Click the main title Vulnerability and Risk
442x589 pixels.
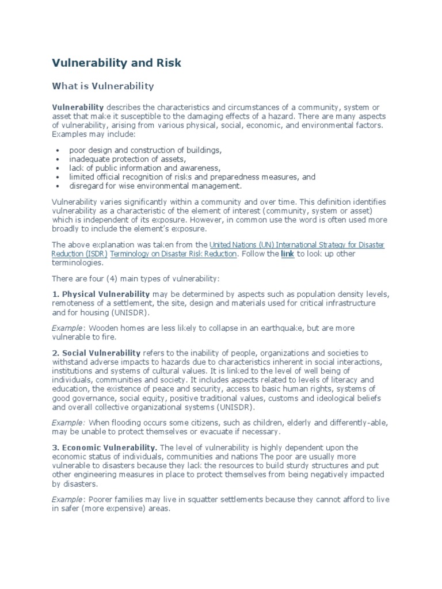coord(117,63)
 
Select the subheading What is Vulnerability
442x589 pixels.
coord(103,86)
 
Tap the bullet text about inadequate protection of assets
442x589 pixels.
coord(128,159)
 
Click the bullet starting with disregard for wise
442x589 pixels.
coord(155,186)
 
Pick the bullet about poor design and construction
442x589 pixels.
coord(145,150)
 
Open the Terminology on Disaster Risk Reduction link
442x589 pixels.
coord(173,254)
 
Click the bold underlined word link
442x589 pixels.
coord(287,254)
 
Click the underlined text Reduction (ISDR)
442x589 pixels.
coord(79,254)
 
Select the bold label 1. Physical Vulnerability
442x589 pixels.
coord(101,294)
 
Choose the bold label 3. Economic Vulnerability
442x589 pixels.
coord(104,448)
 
